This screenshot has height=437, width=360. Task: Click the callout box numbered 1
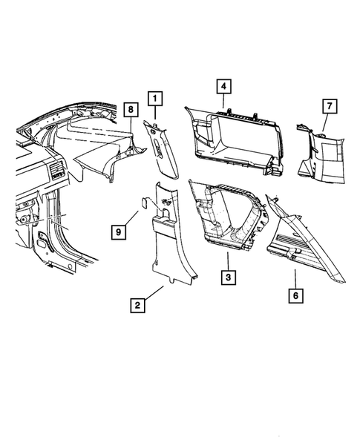[155, 97]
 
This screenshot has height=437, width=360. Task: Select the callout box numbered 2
[137, 303]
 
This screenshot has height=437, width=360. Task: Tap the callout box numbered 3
[229, 278]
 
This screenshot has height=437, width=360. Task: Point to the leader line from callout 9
[130, 219]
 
